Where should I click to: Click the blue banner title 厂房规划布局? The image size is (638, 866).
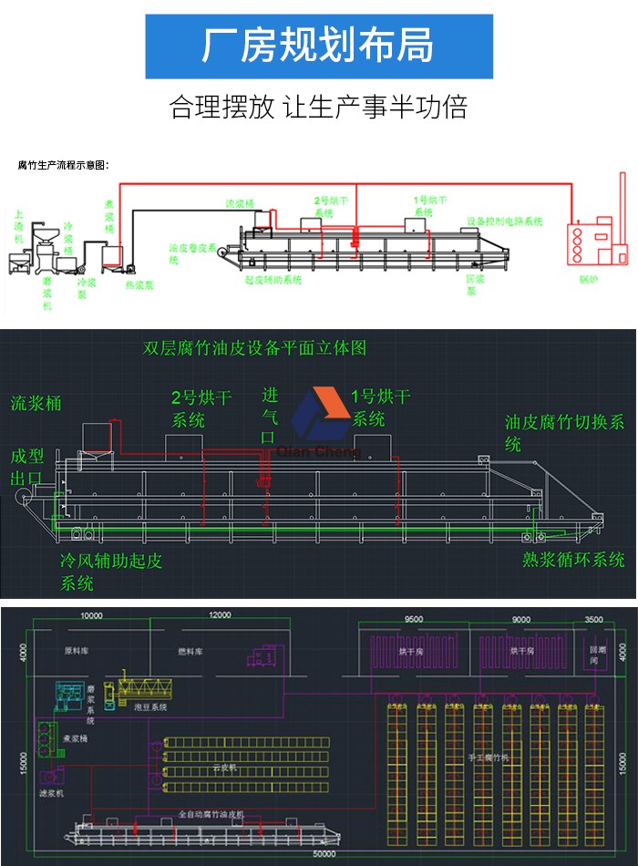point(319,46)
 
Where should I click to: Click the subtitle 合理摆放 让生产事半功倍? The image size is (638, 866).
point(319,108)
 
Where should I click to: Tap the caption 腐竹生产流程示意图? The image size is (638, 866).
point(64,165)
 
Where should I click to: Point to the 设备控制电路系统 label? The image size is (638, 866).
point(504,222)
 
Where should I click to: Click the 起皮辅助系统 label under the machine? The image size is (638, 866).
point(273,280)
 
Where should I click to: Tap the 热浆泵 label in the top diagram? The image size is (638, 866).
point(139,284)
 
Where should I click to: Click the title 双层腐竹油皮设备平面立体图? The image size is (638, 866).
point(255,348)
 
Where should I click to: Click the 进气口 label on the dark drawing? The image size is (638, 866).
point(270,416)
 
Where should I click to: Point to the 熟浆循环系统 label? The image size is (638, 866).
point(573,559)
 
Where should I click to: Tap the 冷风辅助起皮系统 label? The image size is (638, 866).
point(109,571)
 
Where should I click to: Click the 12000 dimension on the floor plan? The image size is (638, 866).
point(220,616)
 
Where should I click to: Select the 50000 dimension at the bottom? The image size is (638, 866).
point(324,853)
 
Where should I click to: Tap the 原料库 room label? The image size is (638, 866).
point(76,652)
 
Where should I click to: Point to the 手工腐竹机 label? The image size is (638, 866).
point(489,757)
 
